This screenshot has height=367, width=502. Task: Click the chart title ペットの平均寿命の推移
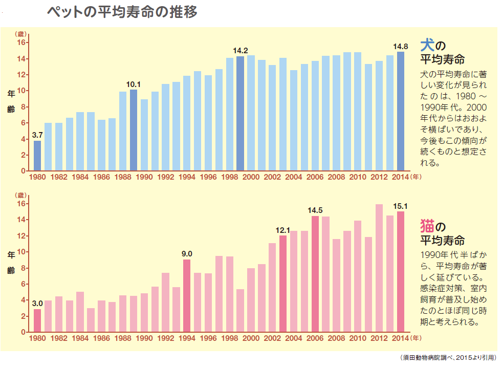121,12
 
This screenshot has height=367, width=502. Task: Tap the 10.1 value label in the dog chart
134,83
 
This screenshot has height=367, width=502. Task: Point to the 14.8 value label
401,46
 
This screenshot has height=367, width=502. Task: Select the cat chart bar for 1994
187,296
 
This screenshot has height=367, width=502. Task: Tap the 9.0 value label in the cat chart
187,253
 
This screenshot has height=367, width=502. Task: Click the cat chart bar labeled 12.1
283,284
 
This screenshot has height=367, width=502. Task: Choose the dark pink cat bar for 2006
315,274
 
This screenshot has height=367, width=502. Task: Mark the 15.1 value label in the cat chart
401,206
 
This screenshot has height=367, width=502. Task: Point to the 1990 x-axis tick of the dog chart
144,177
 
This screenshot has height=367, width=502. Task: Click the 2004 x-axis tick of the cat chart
294,338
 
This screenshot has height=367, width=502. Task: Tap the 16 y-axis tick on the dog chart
22,42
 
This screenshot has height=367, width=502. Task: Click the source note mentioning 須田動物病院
448,358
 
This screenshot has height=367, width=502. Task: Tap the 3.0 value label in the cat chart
37,303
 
